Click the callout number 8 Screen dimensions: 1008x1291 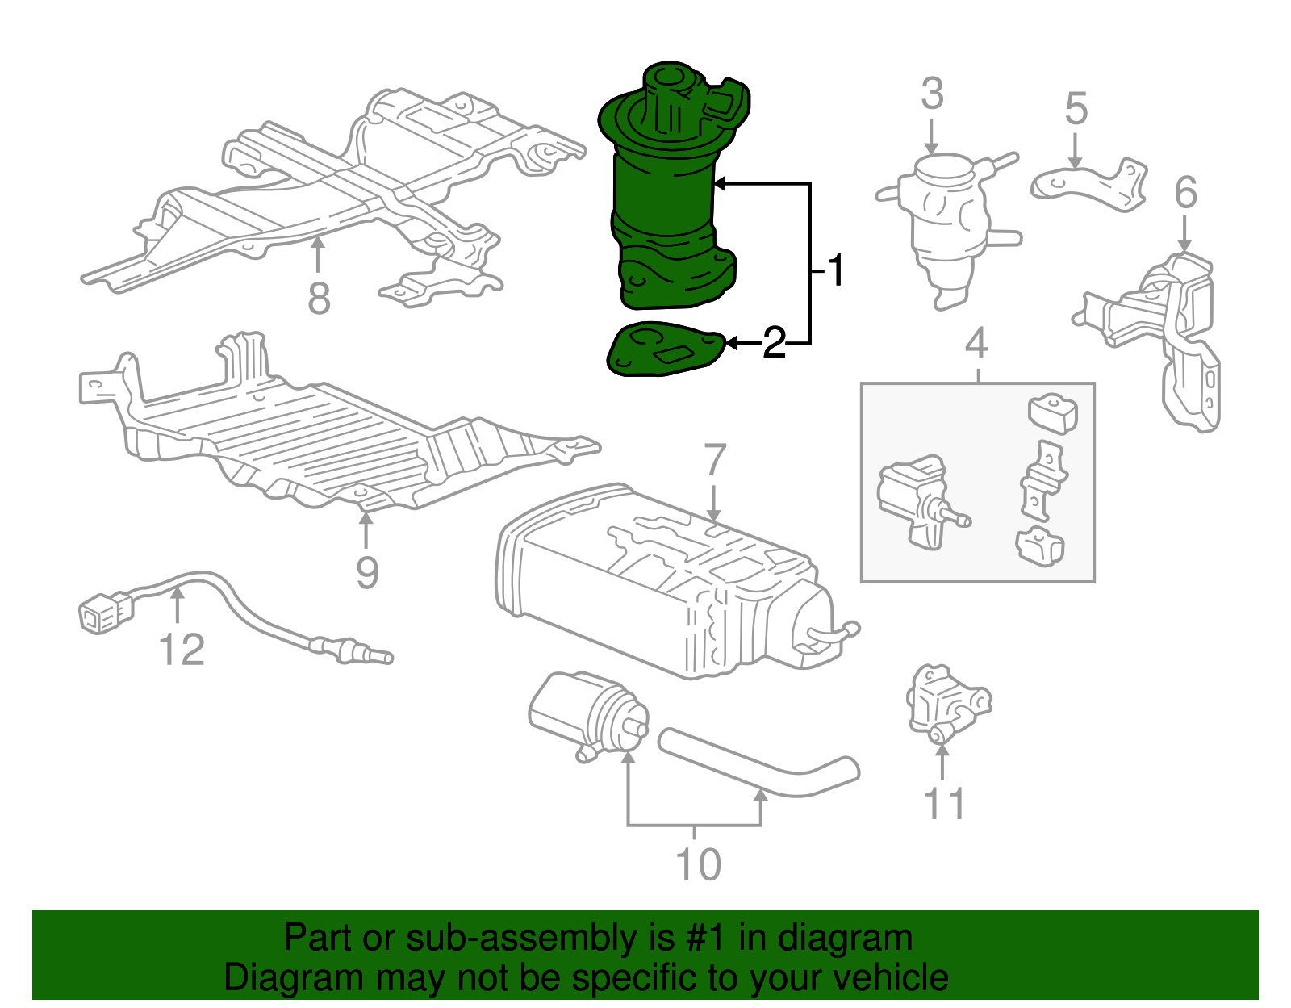click(x=319, y=299)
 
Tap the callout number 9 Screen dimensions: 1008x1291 click(x=367, y=573)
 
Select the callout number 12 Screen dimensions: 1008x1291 click(x=182, y=650)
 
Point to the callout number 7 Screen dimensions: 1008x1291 click(x=715, y=462)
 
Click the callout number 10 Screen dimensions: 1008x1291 click(x=698, y=864)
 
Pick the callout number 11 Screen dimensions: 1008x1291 click(x=944, y=804)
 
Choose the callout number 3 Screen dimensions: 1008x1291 click(x=932, y=94)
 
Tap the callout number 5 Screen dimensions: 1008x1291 click(x=1076, y=109)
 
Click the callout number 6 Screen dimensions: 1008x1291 click(x=1185, y=193)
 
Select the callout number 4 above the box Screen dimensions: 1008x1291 click(x=976, y=344)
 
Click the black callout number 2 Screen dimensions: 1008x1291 click(x=774, y=344)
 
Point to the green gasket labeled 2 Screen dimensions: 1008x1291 click(x=662, y=350)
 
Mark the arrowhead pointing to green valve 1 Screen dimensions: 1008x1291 click(x=721, y=184)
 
